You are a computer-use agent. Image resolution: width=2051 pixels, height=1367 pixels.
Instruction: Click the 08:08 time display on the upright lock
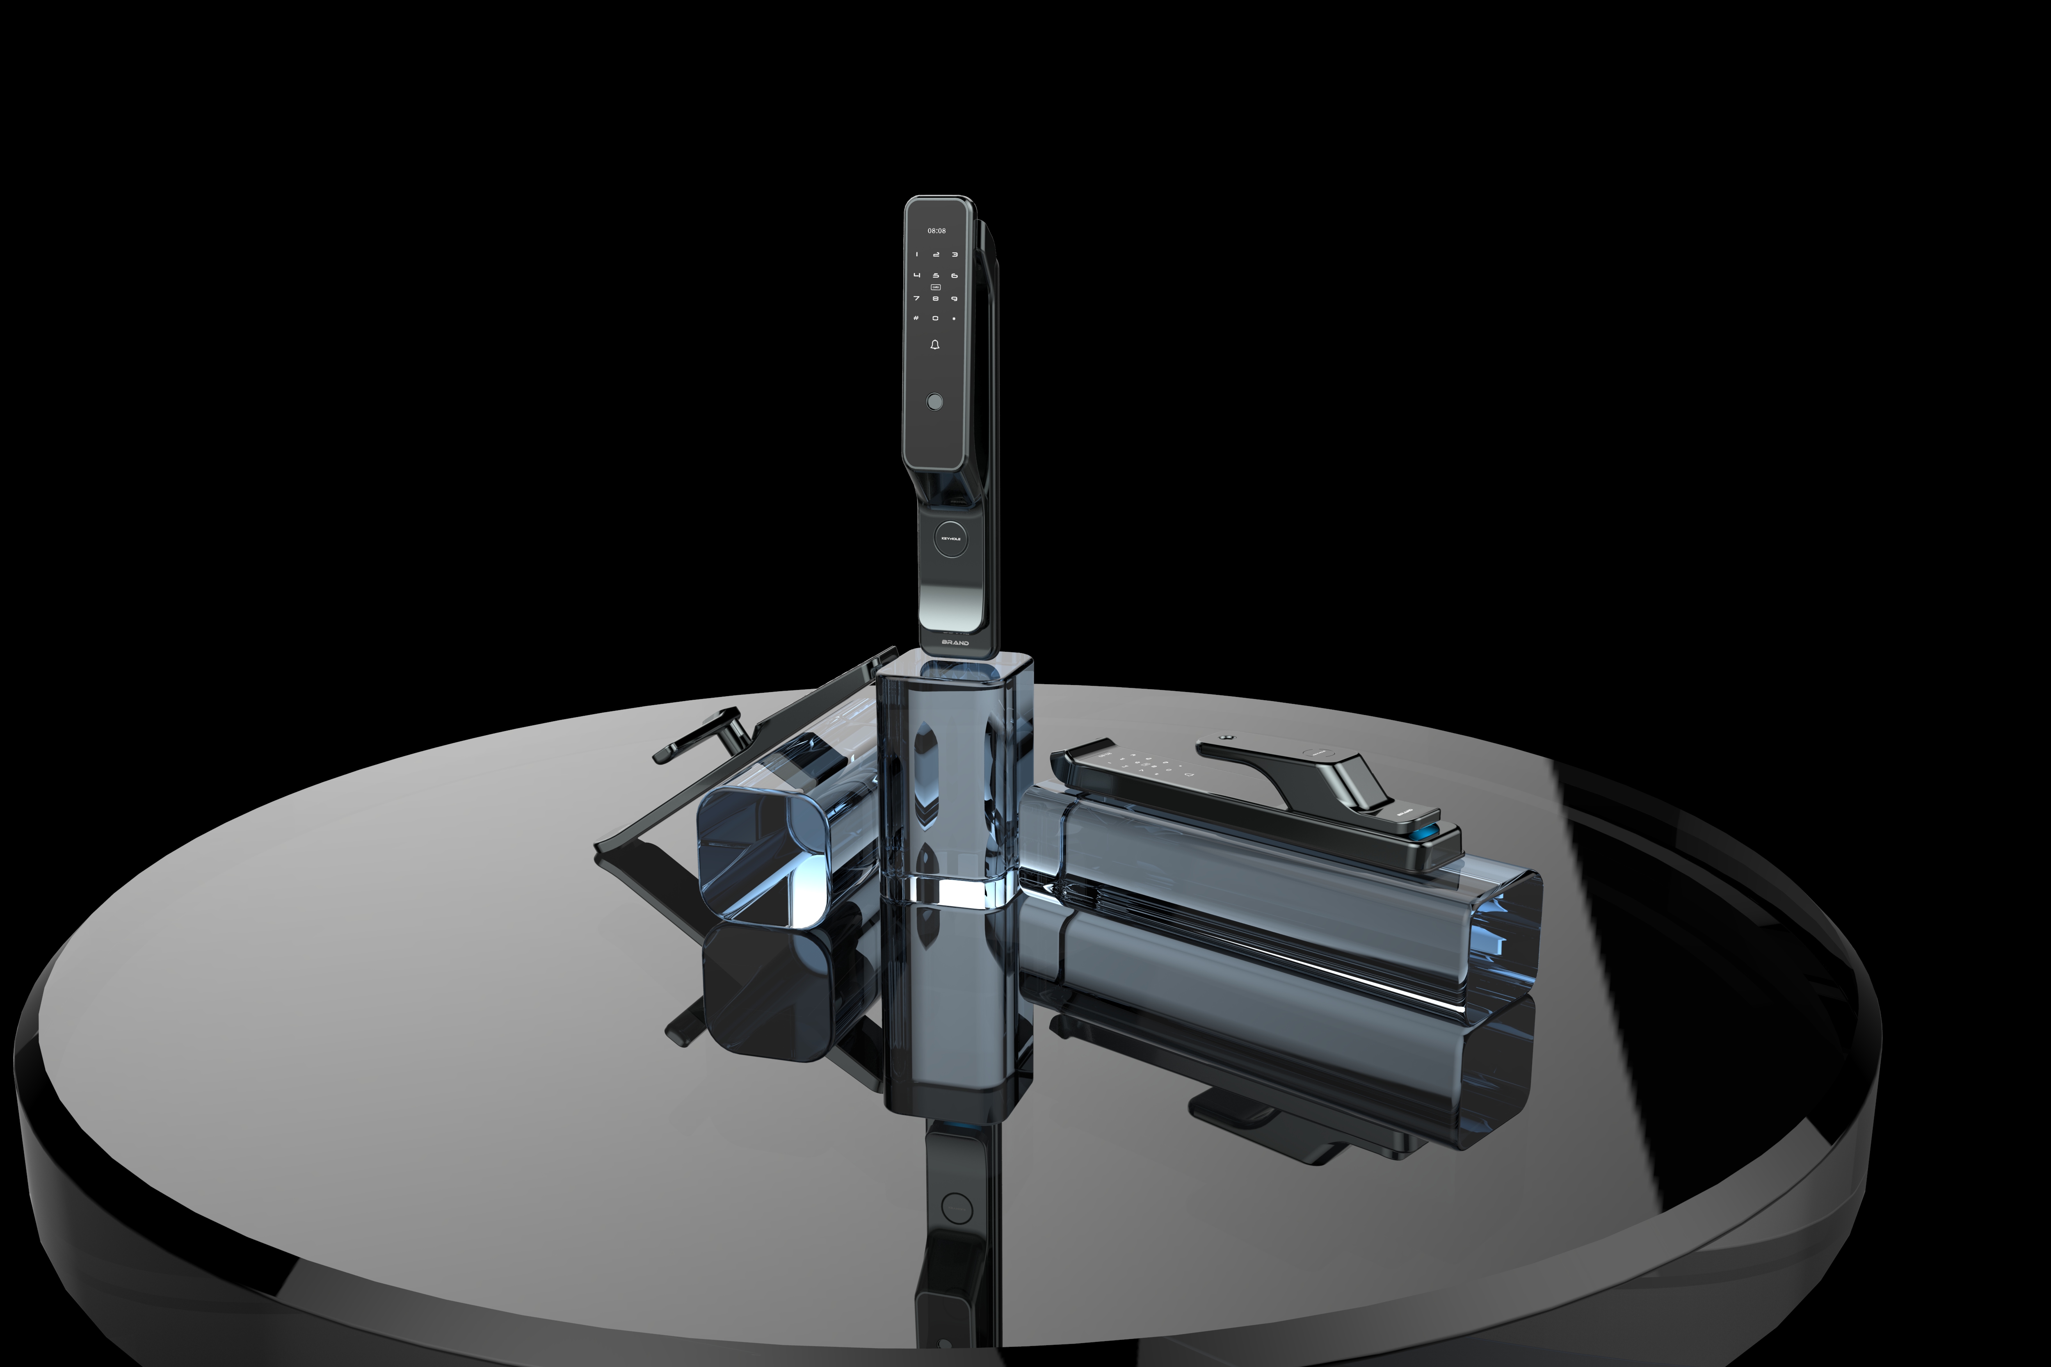coord(936,231)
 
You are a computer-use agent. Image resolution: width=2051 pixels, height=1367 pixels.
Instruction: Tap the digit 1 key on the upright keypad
coord(916,255)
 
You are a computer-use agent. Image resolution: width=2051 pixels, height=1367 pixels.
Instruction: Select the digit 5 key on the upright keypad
coord(936,276)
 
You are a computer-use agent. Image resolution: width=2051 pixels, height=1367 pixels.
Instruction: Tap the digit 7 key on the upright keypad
coord(916,298)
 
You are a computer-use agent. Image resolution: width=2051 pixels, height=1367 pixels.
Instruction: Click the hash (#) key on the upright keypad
coord(916,318)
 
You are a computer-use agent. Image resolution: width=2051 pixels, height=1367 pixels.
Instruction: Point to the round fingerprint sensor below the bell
coord(934,402)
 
